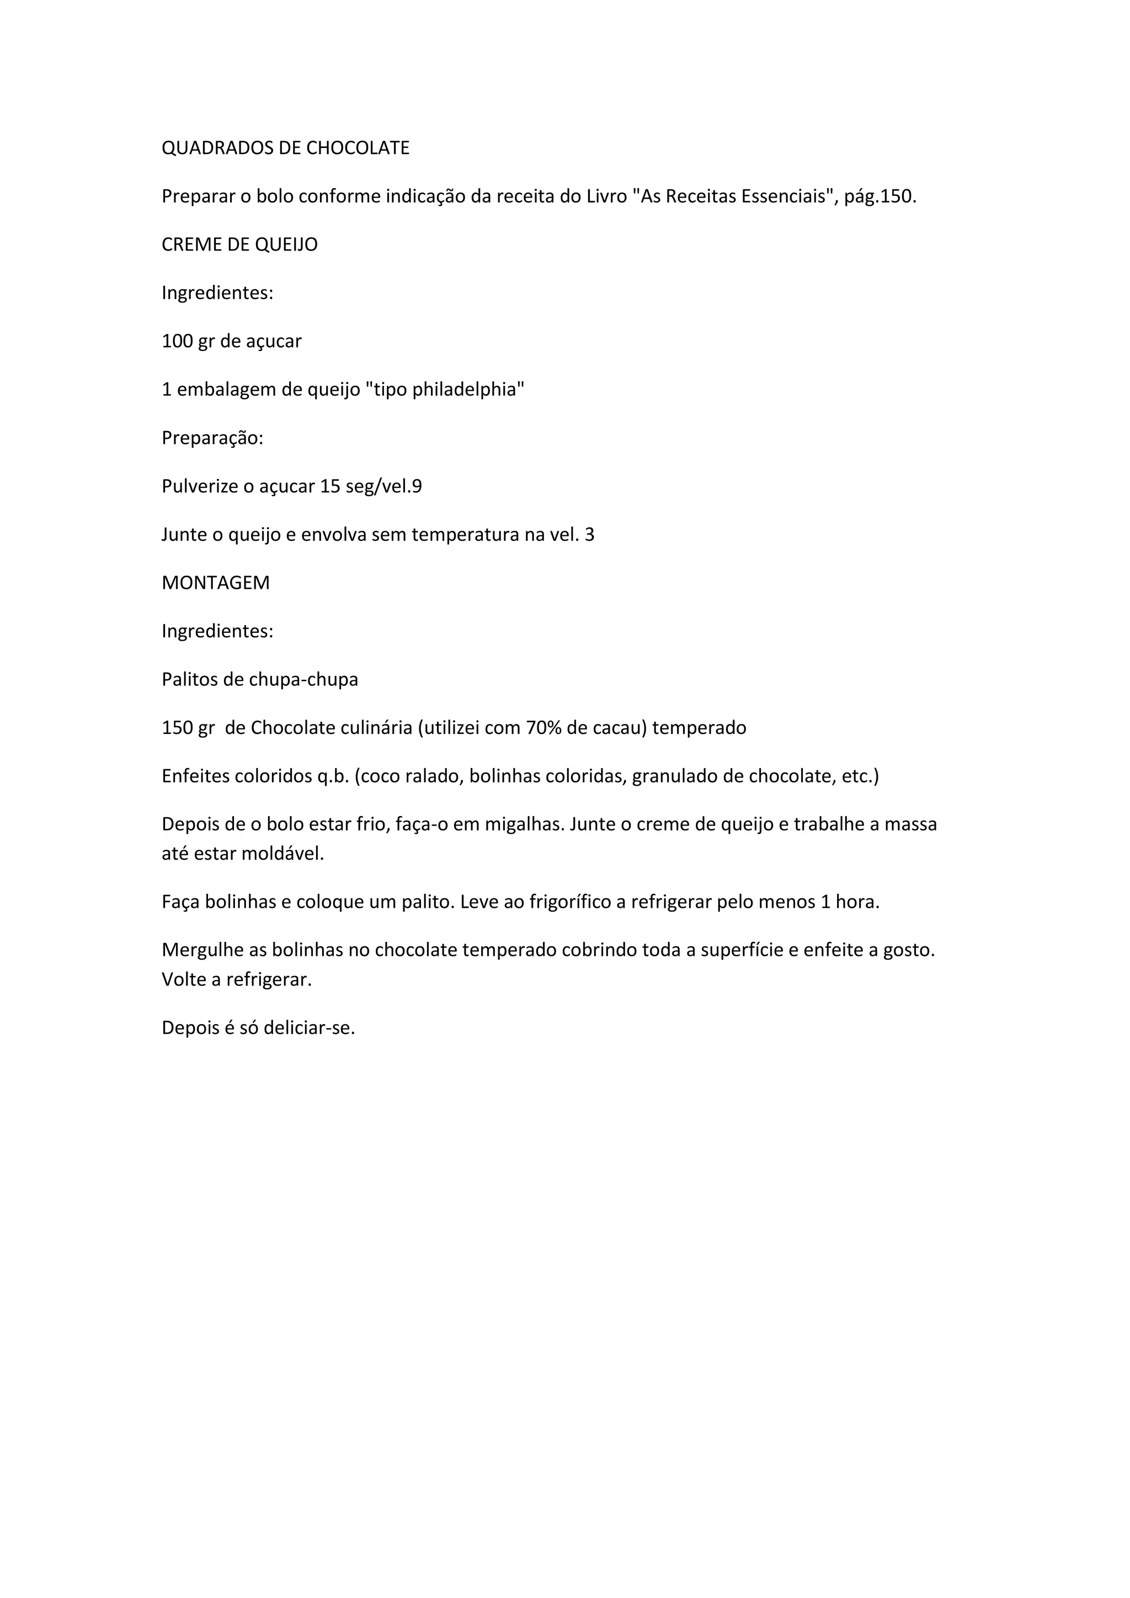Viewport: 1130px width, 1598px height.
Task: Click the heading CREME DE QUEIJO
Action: [239, 245]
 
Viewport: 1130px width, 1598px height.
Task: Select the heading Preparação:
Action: [212, 439]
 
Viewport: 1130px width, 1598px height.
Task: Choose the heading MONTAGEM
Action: [216, 583]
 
